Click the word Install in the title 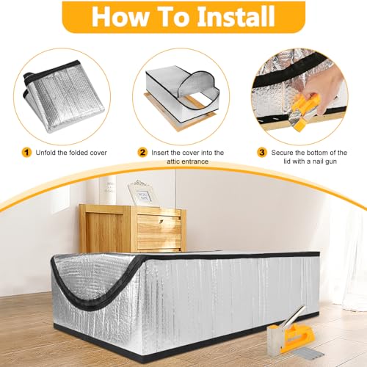[221, 15]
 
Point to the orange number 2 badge [142, 152]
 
